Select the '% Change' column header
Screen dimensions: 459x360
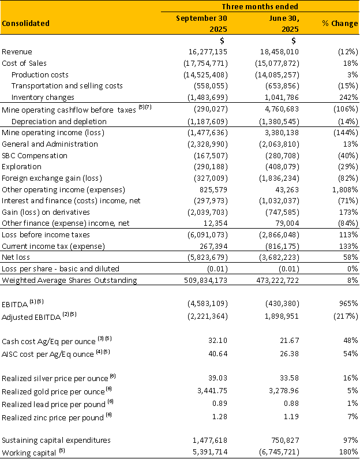click(x=340, y=23)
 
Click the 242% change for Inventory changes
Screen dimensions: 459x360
click(x=348, y=97)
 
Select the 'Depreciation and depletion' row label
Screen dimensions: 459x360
click(x=59, y=121)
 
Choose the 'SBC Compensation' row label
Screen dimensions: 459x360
click(x=35, y=155)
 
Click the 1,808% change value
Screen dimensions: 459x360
click(x=344, y=189)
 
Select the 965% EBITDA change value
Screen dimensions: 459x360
click(x=348, y=303)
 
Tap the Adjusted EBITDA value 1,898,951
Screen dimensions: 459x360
click(x=277, y=316)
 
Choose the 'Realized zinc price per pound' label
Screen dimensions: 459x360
click(x=55, y=417)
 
